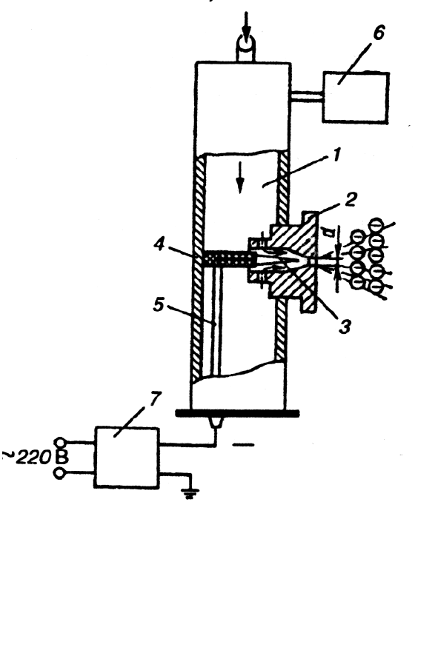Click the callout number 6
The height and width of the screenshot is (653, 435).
pos(379,33)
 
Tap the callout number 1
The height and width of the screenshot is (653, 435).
pos(336,155)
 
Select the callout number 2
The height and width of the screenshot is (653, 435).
pos(351,199)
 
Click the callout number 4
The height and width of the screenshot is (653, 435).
pos(159,244)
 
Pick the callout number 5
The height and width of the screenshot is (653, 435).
pos(159,304)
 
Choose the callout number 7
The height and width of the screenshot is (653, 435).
pos(155,398)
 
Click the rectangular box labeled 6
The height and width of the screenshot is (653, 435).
pos(356,98)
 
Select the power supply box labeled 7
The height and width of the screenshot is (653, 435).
pos(127,457)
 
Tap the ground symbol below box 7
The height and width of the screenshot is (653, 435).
pos(190,494)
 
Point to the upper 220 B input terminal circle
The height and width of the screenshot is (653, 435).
pos(60,442)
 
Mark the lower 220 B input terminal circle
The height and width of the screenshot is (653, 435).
pos(60,474)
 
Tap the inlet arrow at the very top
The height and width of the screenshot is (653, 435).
pos(247,26)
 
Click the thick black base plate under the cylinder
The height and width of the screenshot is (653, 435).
pos(237,413)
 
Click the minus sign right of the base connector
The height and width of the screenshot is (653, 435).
pos(243,445)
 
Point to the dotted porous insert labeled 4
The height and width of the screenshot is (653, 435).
pos(229,259)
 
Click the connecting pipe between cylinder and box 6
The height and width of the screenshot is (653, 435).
pos(307,96)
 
